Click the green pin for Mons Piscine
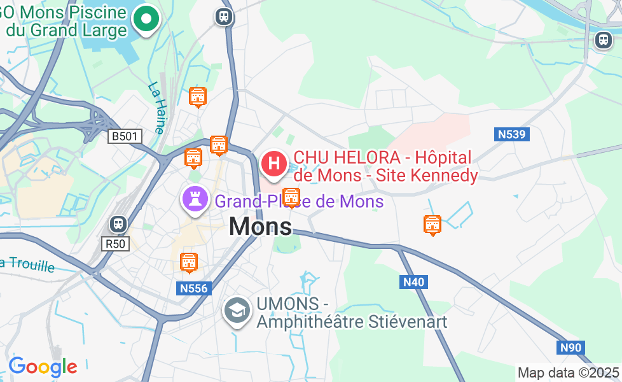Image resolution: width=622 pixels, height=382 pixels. pos(146,19)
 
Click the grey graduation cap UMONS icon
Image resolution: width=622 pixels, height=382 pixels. pos(237,311)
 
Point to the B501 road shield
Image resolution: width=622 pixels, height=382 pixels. pos(126,136)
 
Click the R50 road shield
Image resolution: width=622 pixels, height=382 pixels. pos(115,243)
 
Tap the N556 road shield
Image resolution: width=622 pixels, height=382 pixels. pos(193,288)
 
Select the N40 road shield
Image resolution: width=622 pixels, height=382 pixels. pos(414,281)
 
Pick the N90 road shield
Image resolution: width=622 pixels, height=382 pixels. pos(571,348)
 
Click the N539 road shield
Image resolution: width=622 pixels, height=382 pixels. pos(513,134)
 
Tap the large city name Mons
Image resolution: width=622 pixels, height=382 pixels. pos(260,226)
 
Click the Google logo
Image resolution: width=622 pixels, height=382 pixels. pos(43,367)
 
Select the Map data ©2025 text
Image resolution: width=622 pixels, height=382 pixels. pos(568,372)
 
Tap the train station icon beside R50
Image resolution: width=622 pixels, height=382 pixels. pos(118,223)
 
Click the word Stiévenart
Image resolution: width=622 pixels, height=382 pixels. pos(408,322)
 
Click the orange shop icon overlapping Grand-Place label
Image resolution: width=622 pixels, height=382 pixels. pos(291,198)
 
